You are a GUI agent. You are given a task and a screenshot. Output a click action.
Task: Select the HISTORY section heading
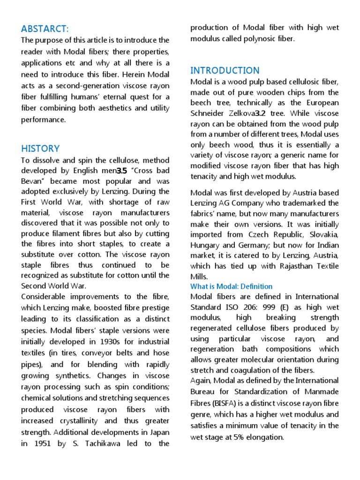[40, 149]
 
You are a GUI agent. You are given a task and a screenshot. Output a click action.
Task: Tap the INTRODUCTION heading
[225, 70]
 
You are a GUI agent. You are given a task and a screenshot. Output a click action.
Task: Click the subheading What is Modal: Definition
[231, 286]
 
